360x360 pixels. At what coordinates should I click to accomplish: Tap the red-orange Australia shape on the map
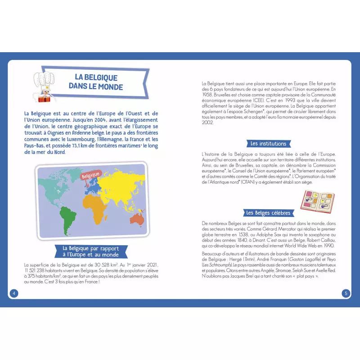[136, 218]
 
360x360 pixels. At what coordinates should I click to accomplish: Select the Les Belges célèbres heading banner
[268, 213]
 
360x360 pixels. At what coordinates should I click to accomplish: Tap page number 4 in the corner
[14, 293]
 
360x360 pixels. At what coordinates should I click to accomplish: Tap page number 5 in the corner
[346, 293]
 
